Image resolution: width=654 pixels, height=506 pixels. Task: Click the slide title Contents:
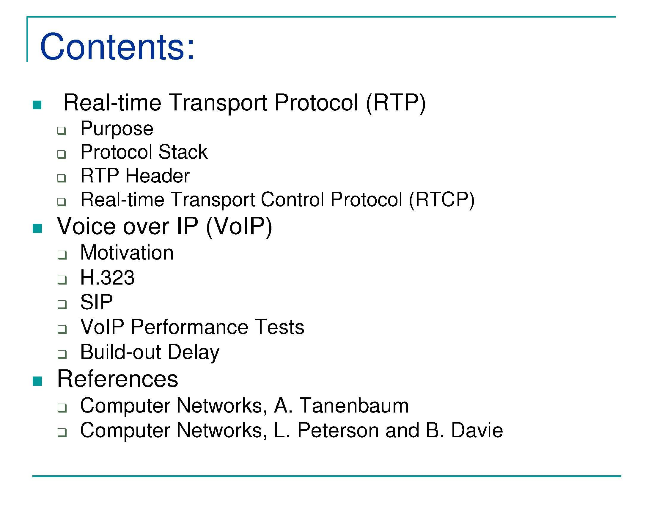click(x=117, y=47)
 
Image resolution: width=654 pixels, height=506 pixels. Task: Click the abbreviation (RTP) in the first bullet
click(x=396, y=103)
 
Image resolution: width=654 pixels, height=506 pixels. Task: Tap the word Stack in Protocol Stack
click(x=183, y=152)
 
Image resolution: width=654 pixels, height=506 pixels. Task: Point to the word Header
click(x=158, y=176)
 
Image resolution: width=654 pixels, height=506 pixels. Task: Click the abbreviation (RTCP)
click(x=442, y=200)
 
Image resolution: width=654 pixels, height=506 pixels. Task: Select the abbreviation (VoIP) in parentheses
click(x=239, y=226)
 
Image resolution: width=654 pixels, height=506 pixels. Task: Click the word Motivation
click(x=127, y=253)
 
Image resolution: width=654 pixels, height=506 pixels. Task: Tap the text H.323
click(x=107, y=278)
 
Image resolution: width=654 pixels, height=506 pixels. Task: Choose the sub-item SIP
click(x=96, y=302)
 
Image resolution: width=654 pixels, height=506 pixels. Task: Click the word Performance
click(x=190, y=327)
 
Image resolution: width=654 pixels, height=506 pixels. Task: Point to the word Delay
click(x=194, y=352)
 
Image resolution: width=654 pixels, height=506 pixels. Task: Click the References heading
click(x=117, y=379)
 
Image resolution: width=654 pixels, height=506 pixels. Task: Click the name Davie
click(x=477, y=430)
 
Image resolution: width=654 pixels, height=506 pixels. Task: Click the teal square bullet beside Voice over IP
click(x=37, y=228)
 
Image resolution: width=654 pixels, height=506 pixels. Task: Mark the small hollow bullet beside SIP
click(x=62, y=304)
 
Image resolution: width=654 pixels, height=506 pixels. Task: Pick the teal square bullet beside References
click(x=37, y=381)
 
